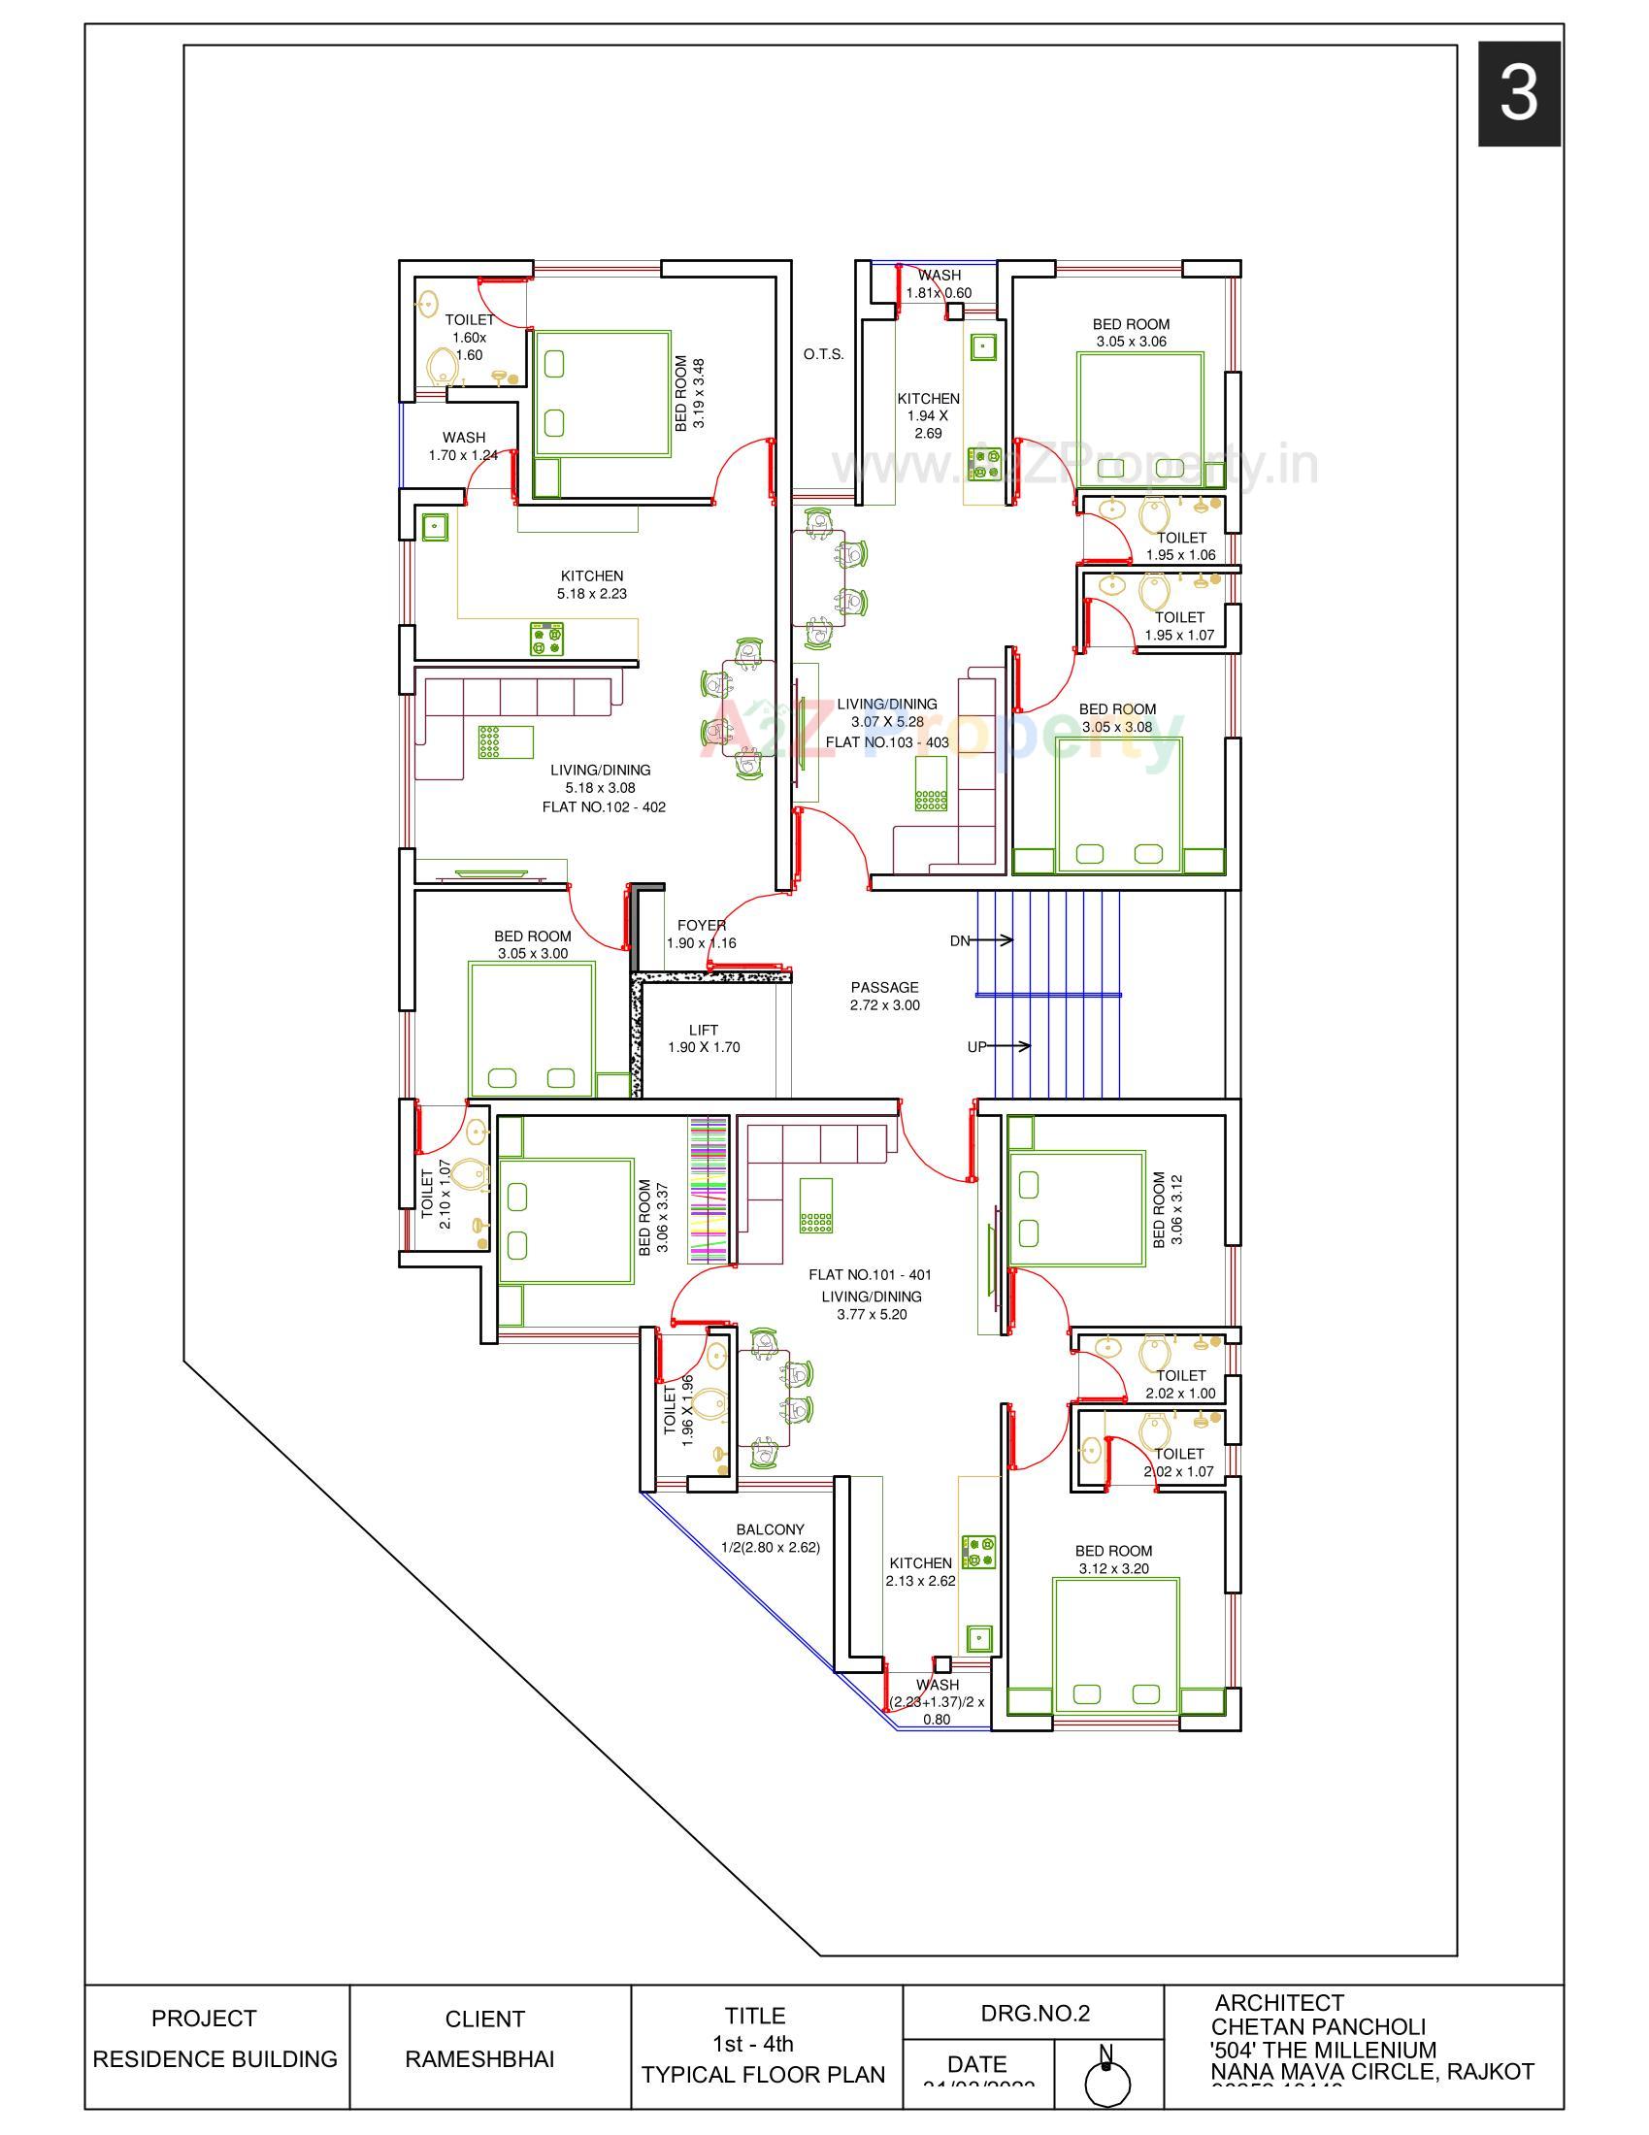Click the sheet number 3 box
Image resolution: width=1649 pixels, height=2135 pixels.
click(1518, 94)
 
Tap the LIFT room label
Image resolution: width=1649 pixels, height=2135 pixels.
click(703, 1030)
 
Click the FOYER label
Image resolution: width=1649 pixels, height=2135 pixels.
click(701, 925)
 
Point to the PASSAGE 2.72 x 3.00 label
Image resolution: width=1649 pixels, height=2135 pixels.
click(884, 996)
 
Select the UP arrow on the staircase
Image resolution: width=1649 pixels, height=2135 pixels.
click(998, 1046)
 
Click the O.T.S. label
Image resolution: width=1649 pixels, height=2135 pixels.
click(823, 354)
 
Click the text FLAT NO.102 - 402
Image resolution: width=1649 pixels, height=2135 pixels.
click(604, 806)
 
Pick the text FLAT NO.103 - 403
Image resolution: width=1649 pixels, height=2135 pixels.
click(886, 742)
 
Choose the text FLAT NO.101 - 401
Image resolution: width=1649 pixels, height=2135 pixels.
click(870, 1275)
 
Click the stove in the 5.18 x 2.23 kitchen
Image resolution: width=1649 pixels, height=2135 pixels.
click(547, 639)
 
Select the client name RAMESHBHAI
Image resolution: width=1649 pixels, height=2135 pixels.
click(478, 2058)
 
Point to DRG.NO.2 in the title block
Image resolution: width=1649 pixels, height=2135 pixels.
click(1035, 2013)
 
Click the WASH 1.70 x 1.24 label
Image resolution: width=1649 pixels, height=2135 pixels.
click(463, 445)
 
